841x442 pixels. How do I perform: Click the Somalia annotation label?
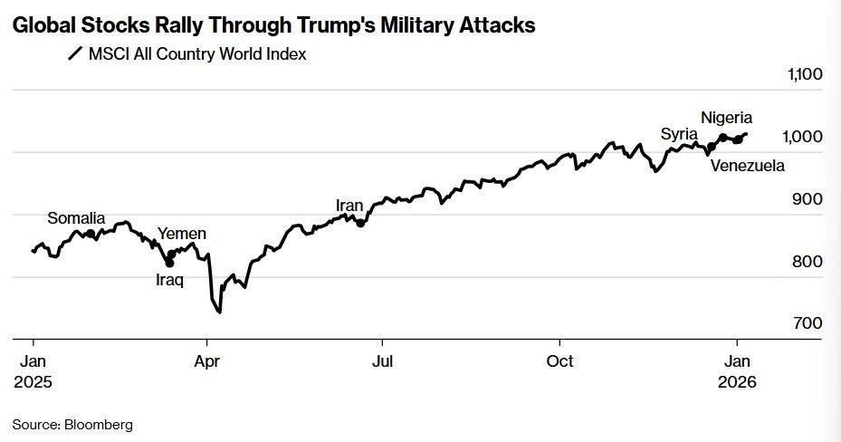click(76, 218)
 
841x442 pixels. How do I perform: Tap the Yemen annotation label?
click(182, 235)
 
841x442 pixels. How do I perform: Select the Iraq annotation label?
click(169, 280)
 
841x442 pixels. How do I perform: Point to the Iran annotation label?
click(349, 206)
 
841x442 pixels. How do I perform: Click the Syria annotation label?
click(678, 134)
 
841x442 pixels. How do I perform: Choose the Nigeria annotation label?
click(726, 118)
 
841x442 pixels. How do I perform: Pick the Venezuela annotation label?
click(747, 166)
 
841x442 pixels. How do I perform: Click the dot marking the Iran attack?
click(360, 223)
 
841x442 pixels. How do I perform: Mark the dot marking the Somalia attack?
click(90, 234)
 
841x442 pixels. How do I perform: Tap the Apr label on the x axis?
click(207, 360)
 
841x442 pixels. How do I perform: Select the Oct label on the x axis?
click(559, 360)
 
